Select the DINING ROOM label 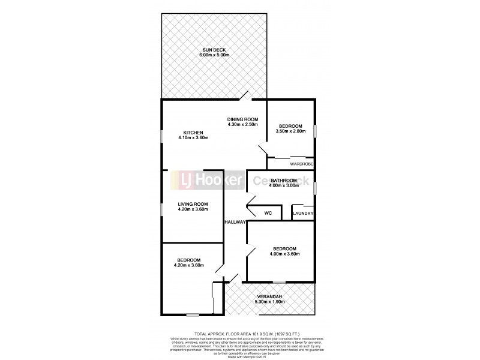coord(242,119)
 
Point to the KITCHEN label coord(193,133)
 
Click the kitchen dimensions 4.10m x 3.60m coord(193,138)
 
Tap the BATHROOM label coord(284,181)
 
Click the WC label coord(268,213)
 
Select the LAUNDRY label coord(303,213)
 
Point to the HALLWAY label coord(236,222)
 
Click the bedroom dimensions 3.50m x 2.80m coord(290,131)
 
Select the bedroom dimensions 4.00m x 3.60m coord(285,254)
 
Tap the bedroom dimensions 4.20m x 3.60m coord(189,265)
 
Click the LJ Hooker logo coord(209,179)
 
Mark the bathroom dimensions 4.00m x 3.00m coord(284,186)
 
